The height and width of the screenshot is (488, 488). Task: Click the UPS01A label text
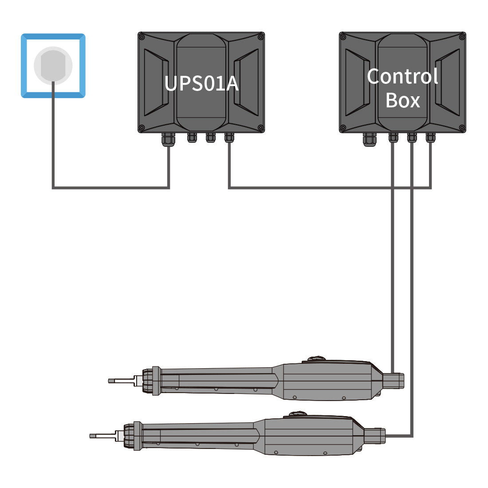pos(201,83)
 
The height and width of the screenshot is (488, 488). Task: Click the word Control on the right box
pos(402,76)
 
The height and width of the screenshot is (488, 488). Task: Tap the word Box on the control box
pos(402,100)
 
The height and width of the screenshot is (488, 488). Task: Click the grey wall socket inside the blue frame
pos(53,65)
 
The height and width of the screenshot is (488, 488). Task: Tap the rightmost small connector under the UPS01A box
pos(229,138)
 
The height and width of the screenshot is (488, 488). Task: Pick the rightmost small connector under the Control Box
pos(430,138)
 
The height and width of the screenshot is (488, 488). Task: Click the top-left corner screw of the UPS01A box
pos(142,36)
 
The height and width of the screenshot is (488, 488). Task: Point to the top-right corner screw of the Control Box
pos(462,36)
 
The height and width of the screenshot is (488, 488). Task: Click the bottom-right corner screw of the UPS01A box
pos(260,128)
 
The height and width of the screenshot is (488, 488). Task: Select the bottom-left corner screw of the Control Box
pos(343,128)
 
